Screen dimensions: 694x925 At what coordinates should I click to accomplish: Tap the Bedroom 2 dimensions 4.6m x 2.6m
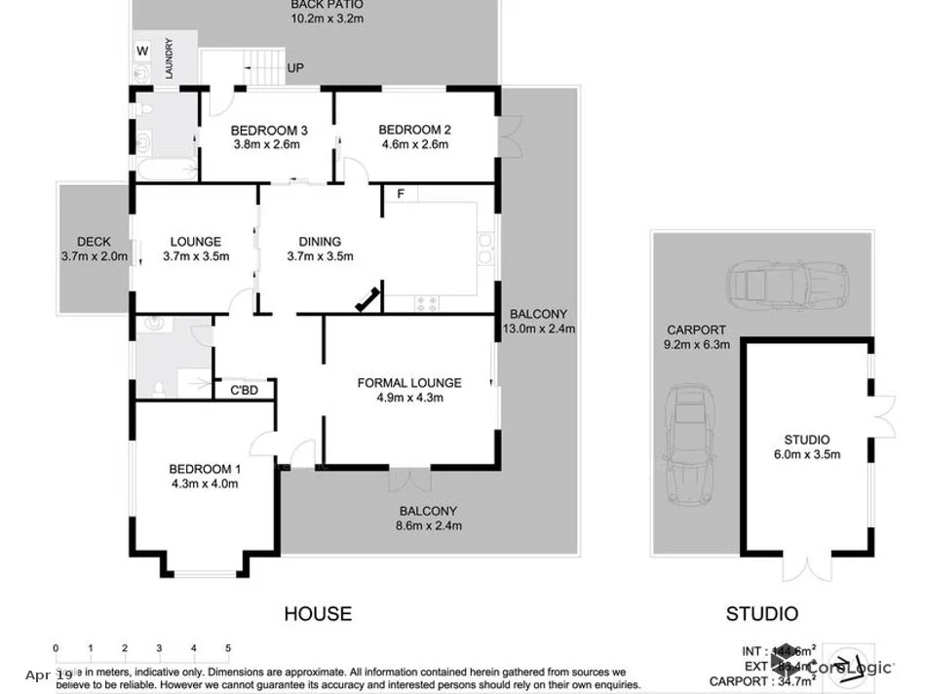[414, 144]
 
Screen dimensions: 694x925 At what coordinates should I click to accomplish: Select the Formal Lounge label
[408, 382]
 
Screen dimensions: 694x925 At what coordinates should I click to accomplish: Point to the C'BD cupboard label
[243, 392]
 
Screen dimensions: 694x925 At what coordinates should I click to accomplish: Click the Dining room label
[320, 242]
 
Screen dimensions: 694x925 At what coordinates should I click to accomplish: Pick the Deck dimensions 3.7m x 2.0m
[94, 257]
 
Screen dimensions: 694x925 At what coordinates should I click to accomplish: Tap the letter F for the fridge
[400, 194]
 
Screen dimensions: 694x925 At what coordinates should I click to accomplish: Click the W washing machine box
[142, 51]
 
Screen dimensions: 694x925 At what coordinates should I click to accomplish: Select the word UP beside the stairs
[294, 69]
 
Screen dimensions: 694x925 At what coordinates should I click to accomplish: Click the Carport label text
[696, 329]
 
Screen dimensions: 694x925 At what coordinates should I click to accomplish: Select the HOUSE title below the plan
[318, 614]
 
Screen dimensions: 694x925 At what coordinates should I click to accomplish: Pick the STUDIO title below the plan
[761, 614]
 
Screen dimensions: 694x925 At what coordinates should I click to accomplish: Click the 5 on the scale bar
[227, 648]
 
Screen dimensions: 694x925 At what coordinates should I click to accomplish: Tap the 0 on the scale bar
[57, 648]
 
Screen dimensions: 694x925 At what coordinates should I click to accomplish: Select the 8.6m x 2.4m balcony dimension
[428, 525]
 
